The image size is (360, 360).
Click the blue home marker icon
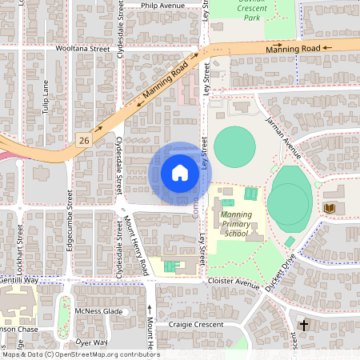[x=180, y=173]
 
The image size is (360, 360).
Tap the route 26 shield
[x=84, y=140]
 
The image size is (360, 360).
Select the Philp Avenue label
[x=162, y=5]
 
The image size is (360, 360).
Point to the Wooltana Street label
[x=82, y=48]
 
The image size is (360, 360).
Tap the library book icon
[x=328, y=209]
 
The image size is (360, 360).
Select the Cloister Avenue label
[x=234, y=283]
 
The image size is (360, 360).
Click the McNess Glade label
[x=97, y=311]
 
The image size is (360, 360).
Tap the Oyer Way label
[x=90, y=342]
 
